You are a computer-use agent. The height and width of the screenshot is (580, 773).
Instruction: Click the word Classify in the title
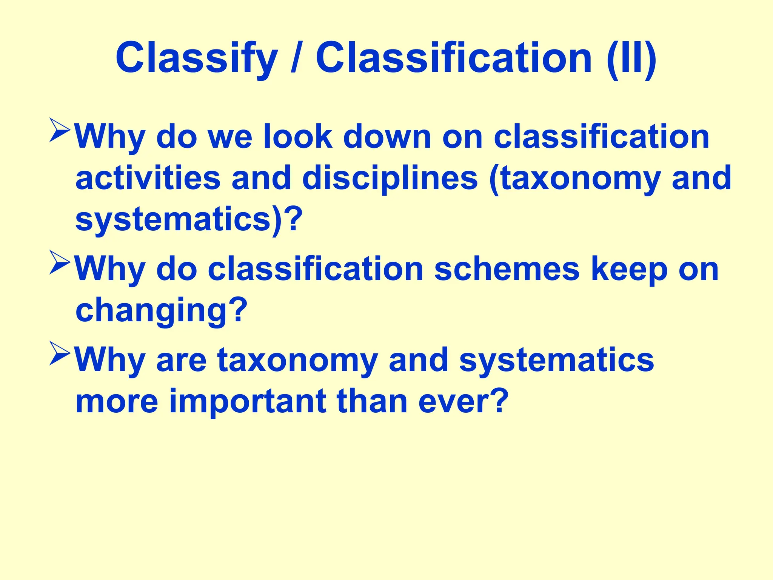click(196, 59)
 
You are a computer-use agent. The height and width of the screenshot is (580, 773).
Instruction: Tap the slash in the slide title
click(297, 59)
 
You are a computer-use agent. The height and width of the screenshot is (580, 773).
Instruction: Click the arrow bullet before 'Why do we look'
click(60, 130)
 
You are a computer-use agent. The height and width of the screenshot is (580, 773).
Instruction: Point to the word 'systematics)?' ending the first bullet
click(189, 220)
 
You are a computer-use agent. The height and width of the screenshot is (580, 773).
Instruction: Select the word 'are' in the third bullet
click(181, 360)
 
